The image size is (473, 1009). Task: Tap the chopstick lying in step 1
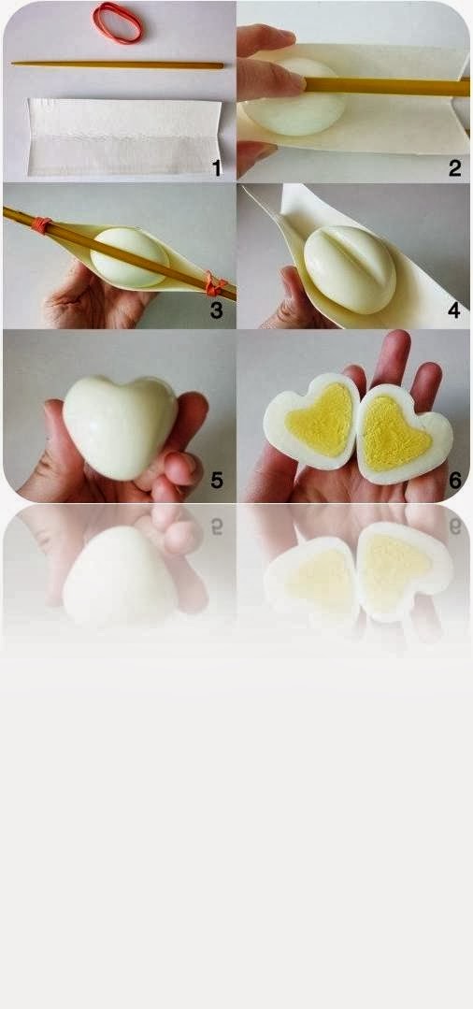(117, 65)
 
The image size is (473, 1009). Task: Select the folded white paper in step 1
(124, 137)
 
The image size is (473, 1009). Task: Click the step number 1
(217, 168)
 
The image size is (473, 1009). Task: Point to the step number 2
(455, 168)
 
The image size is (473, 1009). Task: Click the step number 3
(216, 310)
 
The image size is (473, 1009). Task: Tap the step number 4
(454, 310)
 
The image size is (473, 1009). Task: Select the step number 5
(217, 480)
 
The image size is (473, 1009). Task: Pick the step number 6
(455, 480)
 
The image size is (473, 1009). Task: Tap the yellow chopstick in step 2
(387, 87)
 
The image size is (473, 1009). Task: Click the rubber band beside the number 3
(214, 283)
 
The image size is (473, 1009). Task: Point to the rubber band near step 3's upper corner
(40, 224)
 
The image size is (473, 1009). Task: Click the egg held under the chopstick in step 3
(130, 257)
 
